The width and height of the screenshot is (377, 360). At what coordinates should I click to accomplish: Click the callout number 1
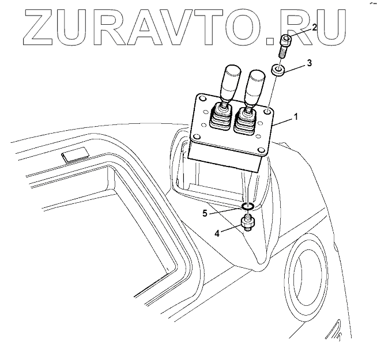[296, 116]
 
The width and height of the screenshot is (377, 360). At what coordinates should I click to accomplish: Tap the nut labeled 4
[248, 222]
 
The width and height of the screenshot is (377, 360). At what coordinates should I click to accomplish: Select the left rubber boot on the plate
[220, 118]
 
